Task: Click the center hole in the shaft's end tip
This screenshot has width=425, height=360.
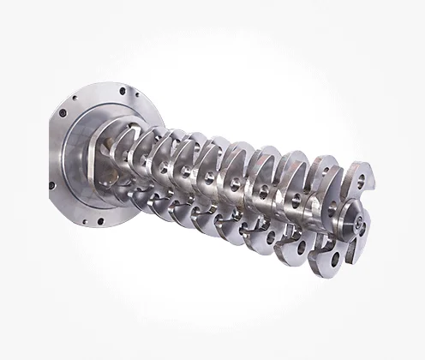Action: tap(355, 219)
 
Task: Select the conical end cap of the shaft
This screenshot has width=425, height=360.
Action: tap(352, 220)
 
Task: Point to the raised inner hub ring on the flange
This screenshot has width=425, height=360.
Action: tap(94, 163)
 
